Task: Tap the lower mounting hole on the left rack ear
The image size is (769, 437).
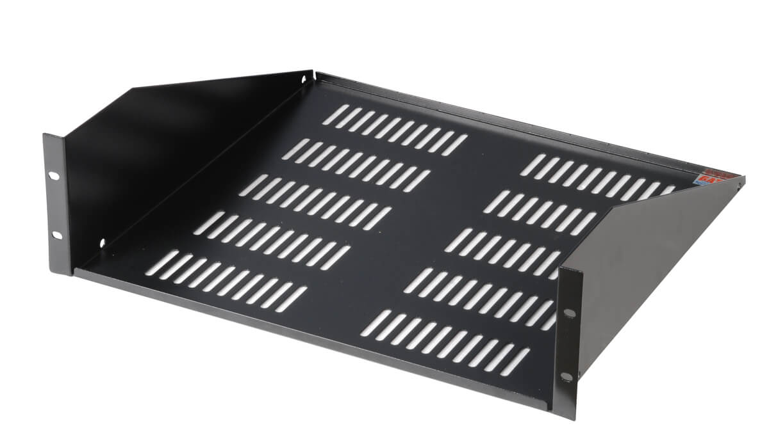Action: pos(57,235)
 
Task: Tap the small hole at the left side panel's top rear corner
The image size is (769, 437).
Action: pos(305,79)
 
